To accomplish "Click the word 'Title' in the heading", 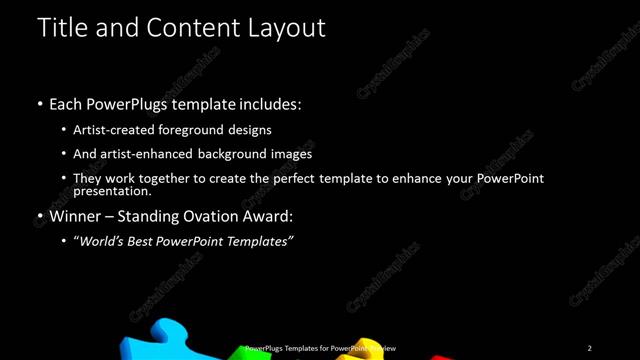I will pyautogui.click(x=59, y=27).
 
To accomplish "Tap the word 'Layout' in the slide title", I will pyautogui.click(x=289, y=27).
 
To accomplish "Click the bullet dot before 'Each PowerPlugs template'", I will pyautogui.click(x=39, y=104).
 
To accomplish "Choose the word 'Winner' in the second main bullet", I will pyautogui.click(x=76, y=215).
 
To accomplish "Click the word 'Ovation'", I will pyautogui.click(x=212, y=215).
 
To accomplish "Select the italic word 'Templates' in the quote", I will pyautogui.click(x=254, y=241).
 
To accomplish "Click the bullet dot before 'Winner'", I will pyautogui.click(x=39, y=216).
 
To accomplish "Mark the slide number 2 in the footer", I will pyautogui.click(x=590, y=347).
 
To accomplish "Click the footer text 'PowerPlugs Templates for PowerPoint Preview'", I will pyautogui.click(x=320, y=347).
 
